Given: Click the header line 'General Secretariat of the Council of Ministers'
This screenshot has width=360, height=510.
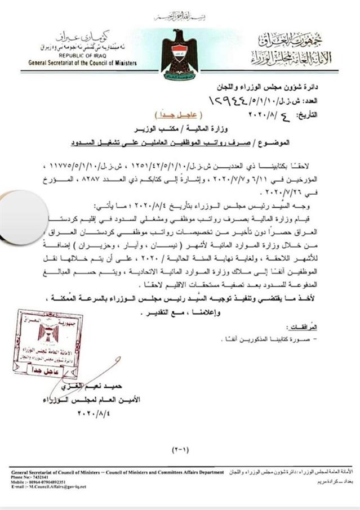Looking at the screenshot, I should [x=82, y=63].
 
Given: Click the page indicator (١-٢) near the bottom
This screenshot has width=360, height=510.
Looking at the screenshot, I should [x=181, y=450].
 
